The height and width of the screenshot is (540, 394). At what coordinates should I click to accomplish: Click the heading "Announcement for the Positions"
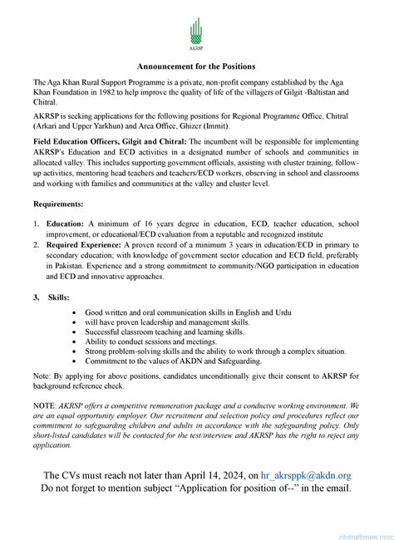pos(196,66)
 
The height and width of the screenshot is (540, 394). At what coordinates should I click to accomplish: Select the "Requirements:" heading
pos(58,204)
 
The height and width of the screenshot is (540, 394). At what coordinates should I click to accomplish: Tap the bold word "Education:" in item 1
pos(66,223)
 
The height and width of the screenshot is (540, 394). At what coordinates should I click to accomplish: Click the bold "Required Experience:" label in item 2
pos(86,247)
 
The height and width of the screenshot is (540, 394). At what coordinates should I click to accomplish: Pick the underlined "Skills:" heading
pos(58,297)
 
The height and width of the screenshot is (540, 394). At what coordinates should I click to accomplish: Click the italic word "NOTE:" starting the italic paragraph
pos(45,404)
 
